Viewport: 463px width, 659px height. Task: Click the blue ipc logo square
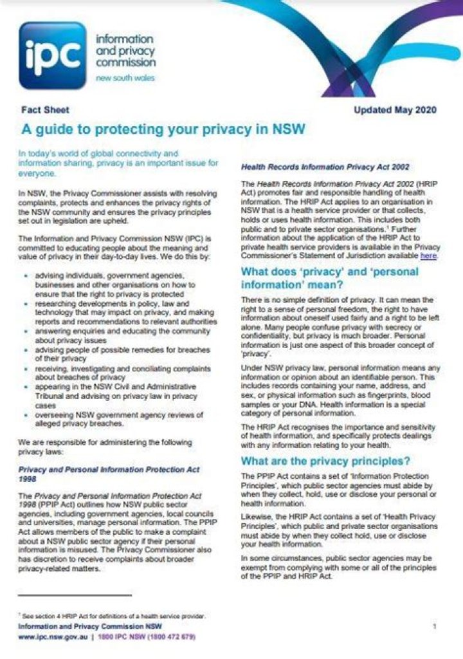[52, 55]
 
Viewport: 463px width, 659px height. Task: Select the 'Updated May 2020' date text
[395, 110]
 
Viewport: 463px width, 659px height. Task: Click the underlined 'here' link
[428, 255]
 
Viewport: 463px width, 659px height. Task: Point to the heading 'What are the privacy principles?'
[325, 461]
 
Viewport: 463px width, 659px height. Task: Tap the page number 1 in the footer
[435, 626]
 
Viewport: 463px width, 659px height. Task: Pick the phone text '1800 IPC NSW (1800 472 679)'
[147, 636]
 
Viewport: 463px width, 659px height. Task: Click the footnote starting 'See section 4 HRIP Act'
[112, 617]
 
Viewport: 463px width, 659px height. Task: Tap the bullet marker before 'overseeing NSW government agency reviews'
[24, 415]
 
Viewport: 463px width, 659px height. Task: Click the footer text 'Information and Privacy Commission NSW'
[89, 626]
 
